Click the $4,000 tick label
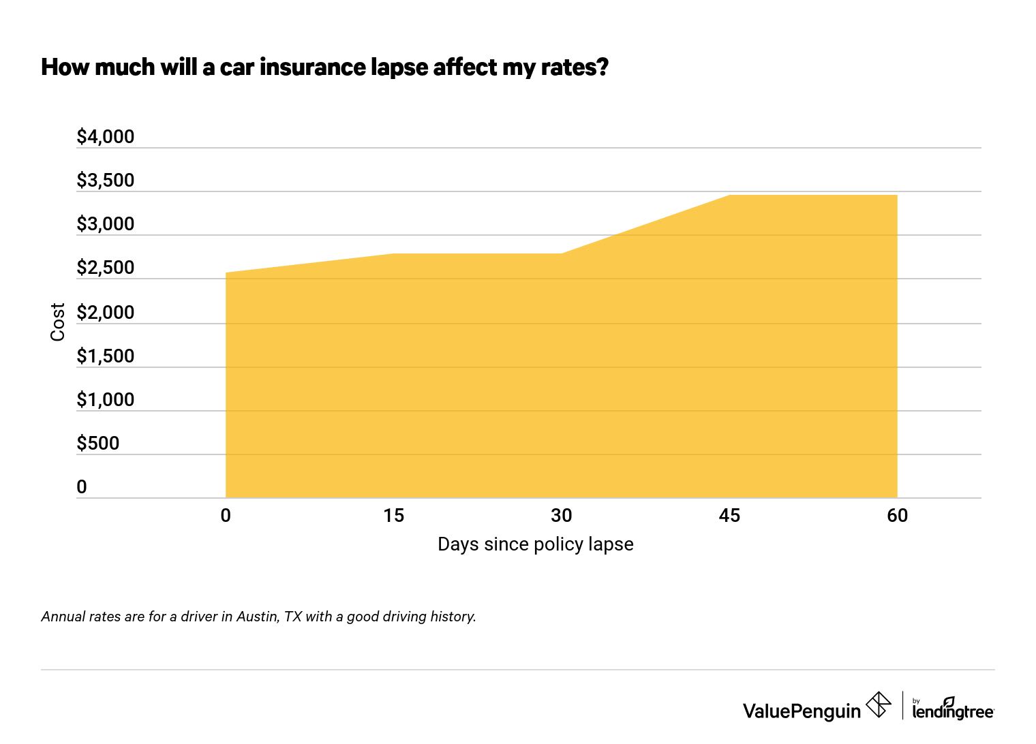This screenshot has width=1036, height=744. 106,137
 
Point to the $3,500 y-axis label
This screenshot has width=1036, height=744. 106,181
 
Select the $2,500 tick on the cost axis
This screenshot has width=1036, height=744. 106,268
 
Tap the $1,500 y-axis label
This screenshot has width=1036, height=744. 106,356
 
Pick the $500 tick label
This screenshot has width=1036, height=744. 98,444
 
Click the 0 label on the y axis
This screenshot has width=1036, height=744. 82,487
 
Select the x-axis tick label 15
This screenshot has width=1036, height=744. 393,516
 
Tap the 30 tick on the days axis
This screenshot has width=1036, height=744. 561,516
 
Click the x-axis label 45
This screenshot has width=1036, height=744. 729,516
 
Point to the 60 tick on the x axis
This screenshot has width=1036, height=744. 897,516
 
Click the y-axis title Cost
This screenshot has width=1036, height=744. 58,322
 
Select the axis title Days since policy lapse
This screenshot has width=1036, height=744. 535,544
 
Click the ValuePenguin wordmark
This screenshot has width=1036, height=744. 802,711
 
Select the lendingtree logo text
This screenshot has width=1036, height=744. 953,711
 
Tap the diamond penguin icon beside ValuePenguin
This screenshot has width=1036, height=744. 879,704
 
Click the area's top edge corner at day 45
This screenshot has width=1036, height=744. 729,196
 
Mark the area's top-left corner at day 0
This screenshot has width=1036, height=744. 226,273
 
